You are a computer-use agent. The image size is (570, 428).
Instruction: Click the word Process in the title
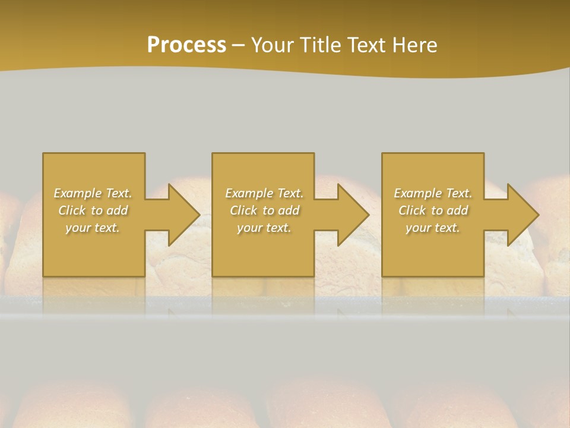pyautogui.click(x=186, y=45)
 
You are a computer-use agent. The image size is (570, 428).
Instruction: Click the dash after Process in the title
pyautogui.click(x=239, y=46)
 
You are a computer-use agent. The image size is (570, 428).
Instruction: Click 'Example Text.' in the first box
pyautogui.click(x=93, y=193)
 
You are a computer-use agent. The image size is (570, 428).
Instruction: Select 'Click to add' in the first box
pyautogui.click(x=93, y=210)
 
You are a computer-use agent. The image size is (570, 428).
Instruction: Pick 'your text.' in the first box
pyautogui.click(x=93, y=228)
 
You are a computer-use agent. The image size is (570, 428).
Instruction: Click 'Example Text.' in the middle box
pyautogui.click(x=264, y=193)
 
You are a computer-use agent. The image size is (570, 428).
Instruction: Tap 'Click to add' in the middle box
pyautogui.click(x=264, y=210)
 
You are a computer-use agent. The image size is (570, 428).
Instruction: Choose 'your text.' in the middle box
pyautogui.click(x=264, y=228)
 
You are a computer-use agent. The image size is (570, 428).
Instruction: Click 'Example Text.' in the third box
pyautogui.click(x=433, y=193)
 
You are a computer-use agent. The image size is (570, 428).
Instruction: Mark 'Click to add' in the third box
pyautogui.click(x=433, y=210)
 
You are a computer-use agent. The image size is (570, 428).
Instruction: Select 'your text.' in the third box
pyautogui.click(x=433, y=228)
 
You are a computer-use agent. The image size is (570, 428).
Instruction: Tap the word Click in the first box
pyautogui.click(x=72, y=210)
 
